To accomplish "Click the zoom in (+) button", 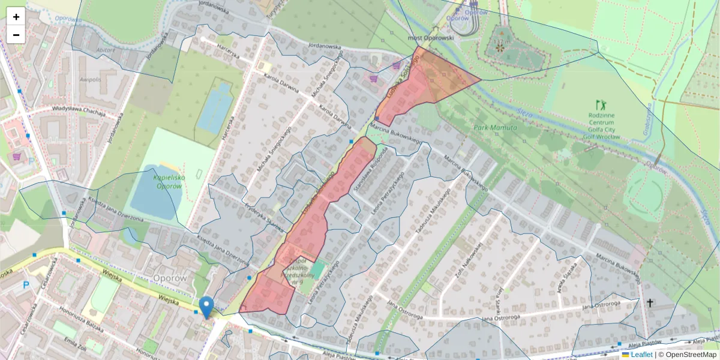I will (16, 17).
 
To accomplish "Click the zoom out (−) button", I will (16, 35).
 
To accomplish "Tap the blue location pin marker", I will (206, 307).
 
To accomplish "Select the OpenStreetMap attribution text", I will (691, 355).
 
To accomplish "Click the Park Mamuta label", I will (495, 128).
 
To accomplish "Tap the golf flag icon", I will (598, 105).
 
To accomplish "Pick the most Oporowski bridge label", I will (431, 37).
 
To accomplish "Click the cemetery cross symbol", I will (649, 303).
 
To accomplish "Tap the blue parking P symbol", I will (26, 285).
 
